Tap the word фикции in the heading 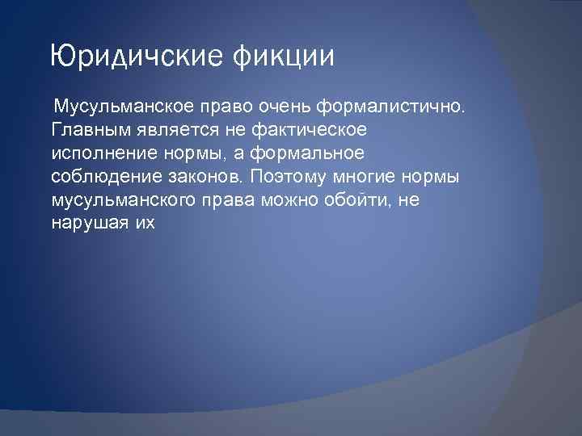(283, 57)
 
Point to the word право (230, 107)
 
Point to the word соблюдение (97, 177)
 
